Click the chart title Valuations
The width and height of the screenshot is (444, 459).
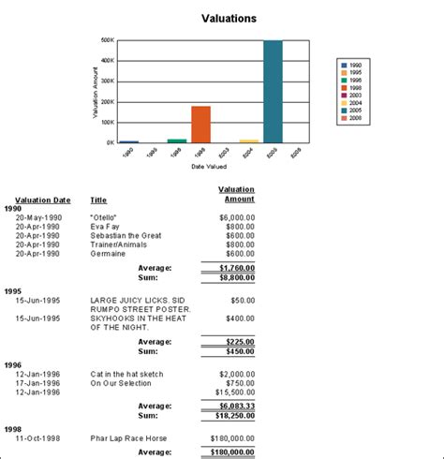(x=229, y=18)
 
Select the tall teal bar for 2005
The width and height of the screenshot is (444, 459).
(x=273, y=92)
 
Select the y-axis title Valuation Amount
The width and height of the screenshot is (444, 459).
(x=96, y=92)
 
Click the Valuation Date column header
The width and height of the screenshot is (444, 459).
(x=36, y=200)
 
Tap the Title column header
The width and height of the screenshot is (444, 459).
(x=97, y=200)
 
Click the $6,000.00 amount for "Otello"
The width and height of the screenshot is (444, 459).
(x=236, y=216)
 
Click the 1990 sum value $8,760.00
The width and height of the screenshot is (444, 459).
(x=230, y=277)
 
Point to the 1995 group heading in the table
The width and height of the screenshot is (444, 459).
(x=13, y=291)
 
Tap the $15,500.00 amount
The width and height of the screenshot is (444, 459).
(x=233, y=392)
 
